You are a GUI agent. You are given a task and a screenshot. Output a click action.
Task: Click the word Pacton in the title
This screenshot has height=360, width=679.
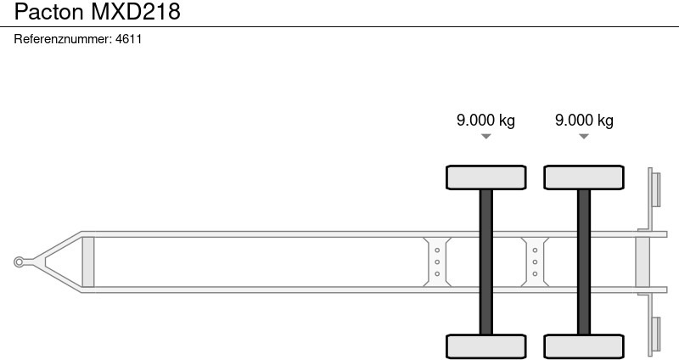click(x=49, y=12)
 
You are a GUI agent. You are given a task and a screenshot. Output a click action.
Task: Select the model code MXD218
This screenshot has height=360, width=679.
click(x=136, y=12)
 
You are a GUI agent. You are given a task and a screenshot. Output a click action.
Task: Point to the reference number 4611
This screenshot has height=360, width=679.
click(x=129, y=39)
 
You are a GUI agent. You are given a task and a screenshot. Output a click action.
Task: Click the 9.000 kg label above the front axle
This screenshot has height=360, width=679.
click(x=485, y=120)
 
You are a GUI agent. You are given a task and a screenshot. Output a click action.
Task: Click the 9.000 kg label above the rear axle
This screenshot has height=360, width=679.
click(x=584, y=120)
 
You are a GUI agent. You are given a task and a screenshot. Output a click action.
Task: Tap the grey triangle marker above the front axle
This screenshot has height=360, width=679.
click(x=485, y=137)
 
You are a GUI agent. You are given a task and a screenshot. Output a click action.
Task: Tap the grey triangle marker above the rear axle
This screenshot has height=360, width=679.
click(x=584, y=137)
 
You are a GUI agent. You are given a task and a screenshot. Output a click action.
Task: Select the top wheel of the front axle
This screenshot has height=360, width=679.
click(x=485, y=177)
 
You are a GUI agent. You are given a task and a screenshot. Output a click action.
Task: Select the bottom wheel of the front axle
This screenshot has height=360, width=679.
click(x=485, y=346)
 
